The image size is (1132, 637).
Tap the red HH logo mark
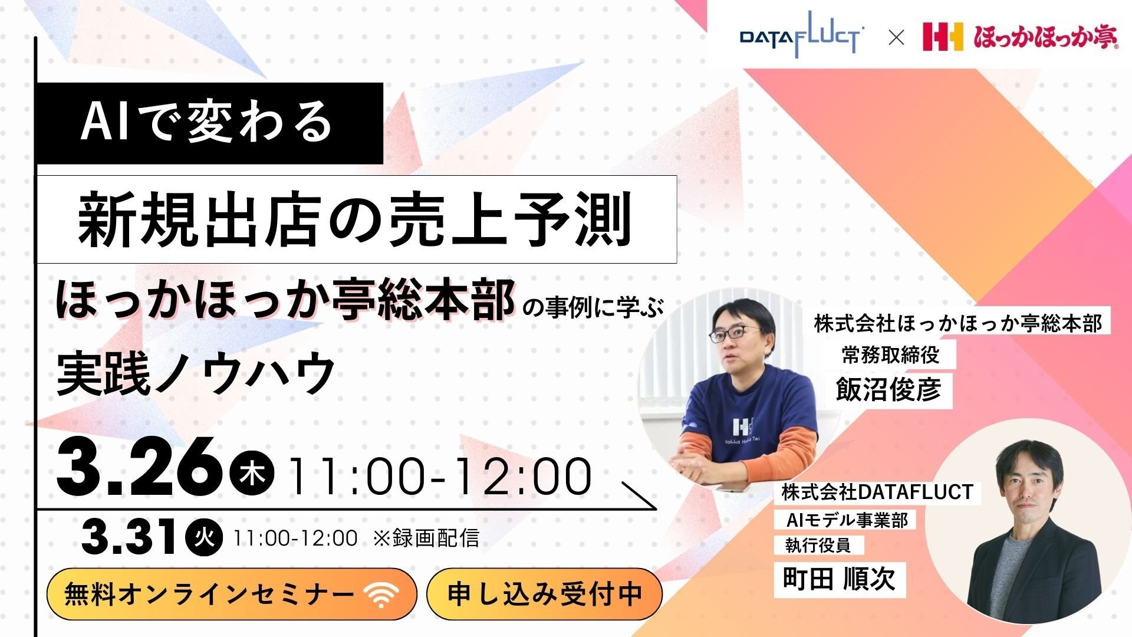click(x=942, y=37)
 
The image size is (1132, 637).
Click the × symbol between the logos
click(x=896, y=38)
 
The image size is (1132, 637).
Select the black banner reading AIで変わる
click(x=209, y=123)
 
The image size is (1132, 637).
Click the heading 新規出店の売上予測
click(x=356, y=219)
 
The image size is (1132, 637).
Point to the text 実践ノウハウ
click(x=196, y=373)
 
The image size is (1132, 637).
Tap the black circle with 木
click(x=252, y=475)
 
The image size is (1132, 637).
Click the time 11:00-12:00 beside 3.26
click(x=440, y=477)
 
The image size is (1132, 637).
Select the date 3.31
click(x=130, y=537)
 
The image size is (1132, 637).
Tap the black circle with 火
click(x=204, y=537)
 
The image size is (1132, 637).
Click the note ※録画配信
click(x=426, y=538)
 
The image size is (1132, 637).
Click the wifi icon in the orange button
click(x=381, y=595)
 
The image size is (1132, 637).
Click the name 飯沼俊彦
click(x=889, y=389)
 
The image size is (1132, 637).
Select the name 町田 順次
click(x=839, y=579)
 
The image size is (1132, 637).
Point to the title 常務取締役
click(x=891, y=355)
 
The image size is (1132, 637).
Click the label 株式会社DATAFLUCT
click(x=877, y=492)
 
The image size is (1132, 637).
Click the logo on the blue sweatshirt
click(x=741, y=426)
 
